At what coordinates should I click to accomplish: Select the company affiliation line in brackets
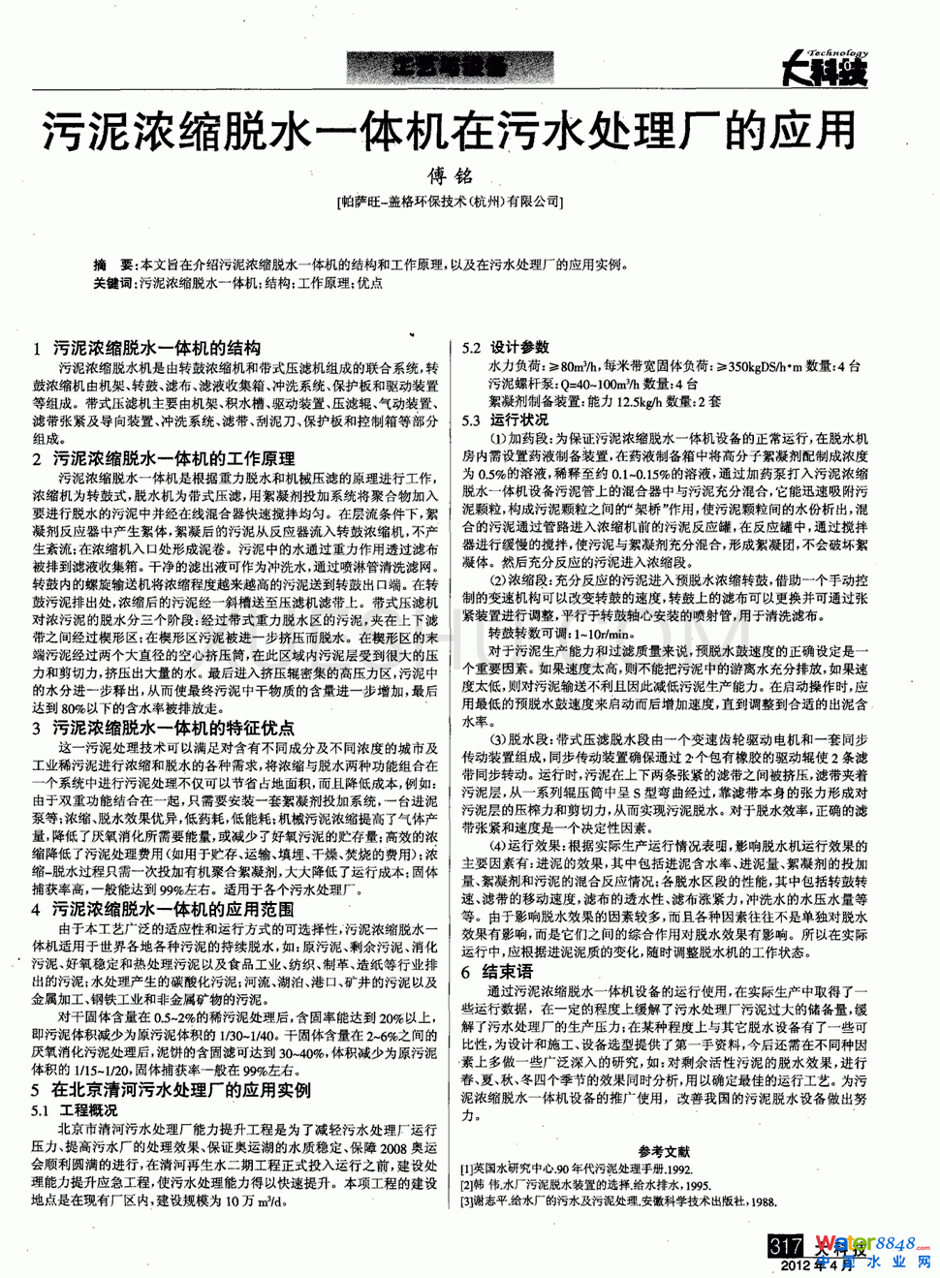pos(450,202)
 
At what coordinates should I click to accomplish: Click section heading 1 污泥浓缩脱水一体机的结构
pos(146,348)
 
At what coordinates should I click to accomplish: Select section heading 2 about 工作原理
pos(164,458)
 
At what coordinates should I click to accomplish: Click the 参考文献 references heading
pos(664,1152)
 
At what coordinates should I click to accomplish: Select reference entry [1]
pos(577,1169)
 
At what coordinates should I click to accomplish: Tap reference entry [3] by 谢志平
pos(618,1201)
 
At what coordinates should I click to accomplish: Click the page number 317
pos(785,1245)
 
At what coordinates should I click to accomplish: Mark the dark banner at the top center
pos(450,67)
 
